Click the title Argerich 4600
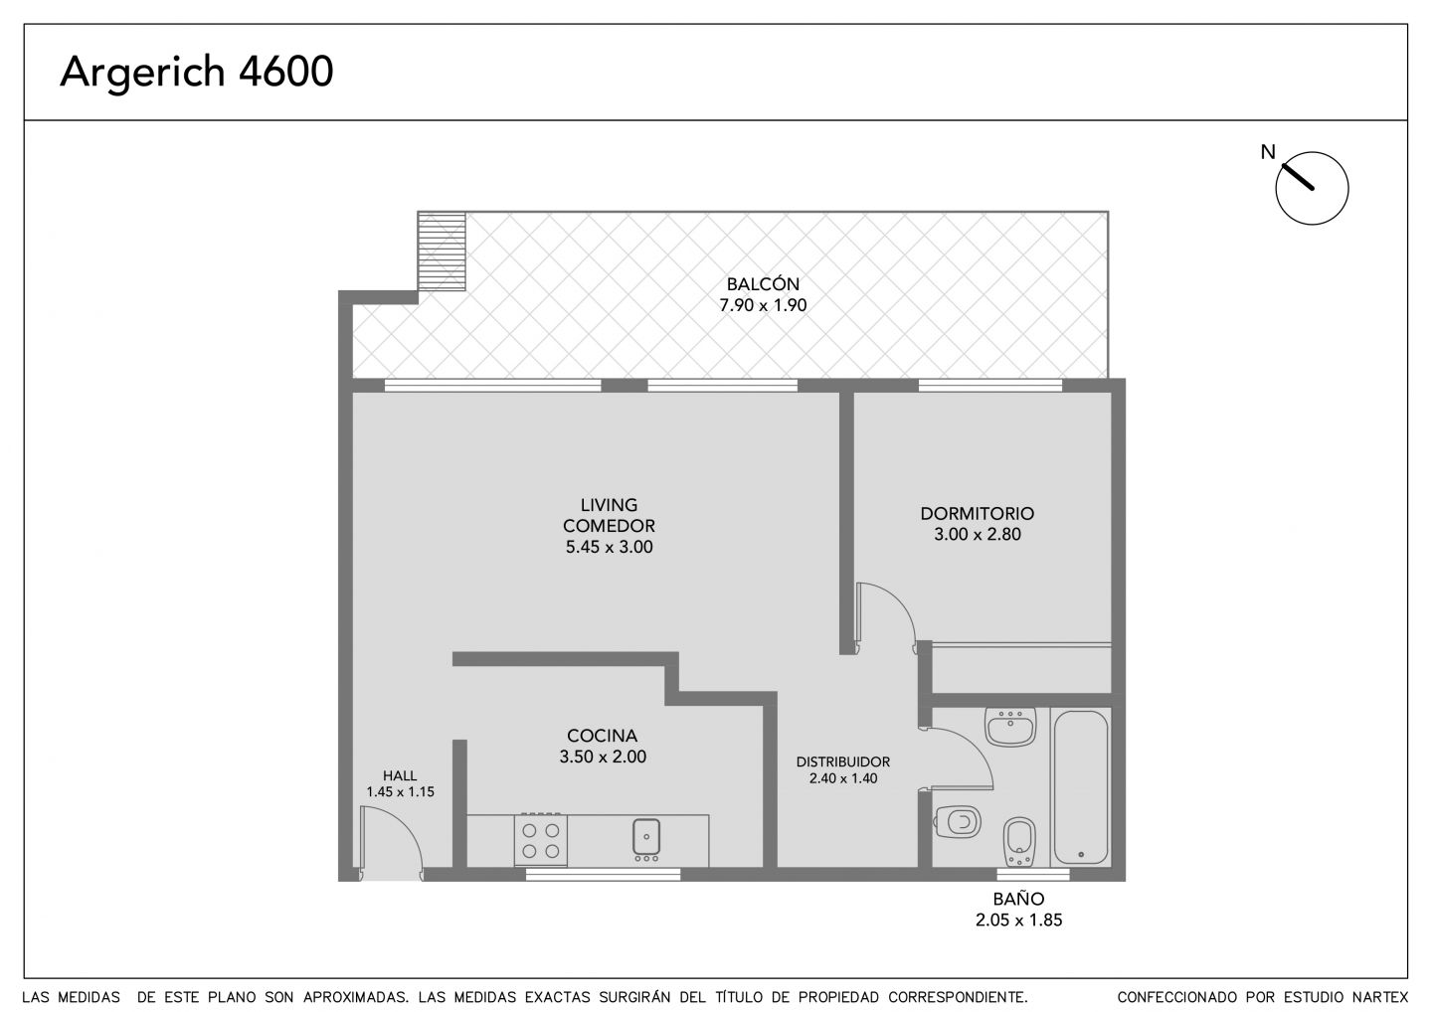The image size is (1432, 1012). coord(197,73)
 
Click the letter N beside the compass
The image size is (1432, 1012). coord(1268,152)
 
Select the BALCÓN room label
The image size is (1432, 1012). coord(763,283)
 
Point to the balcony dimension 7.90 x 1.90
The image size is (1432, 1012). coord(763,305)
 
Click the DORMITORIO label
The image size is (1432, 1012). coord(977,513)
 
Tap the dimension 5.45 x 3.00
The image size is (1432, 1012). coord(609,547)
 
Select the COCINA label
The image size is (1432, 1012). coord(603,736)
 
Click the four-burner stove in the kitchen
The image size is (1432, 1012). coord(541,840)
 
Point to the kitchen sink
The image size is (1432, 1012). coord(646,838)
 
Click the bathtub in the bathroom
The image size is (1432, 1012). coord(1080,787)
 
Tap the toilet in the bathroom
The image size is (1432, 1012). coord(958,821)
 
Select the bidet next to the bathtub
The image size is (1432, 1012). coord(1019,841)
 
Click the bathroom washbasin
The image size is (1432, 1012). coord(1010,727)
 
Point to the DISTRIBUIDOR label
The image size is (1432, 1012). coord(842,761)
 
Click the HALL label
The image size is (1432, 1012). coord(400,775)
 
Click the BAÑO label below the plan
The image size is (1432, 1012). coord(1018,899)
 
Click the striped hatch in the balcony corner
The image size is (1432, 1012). coord(442,252)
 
